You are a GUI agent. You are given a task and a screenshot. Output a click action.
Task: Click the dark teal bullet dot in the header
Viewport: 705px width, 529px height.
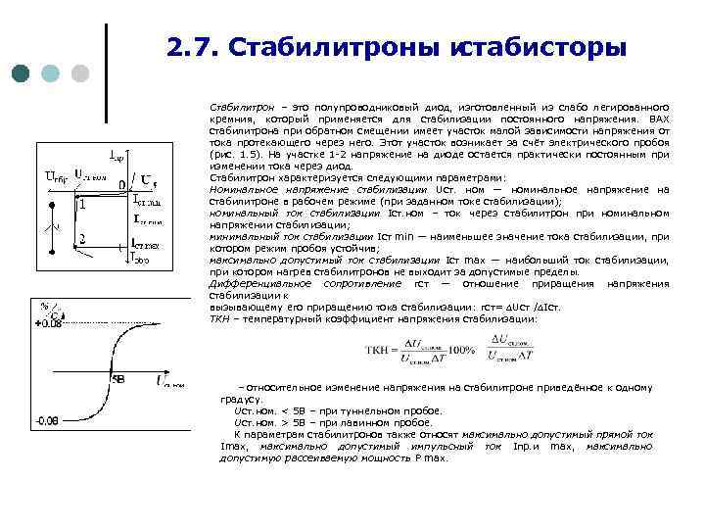22,73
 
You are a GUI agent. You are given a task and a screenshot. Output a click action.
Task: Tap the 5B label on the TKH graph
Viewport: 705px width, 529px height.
118,377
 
